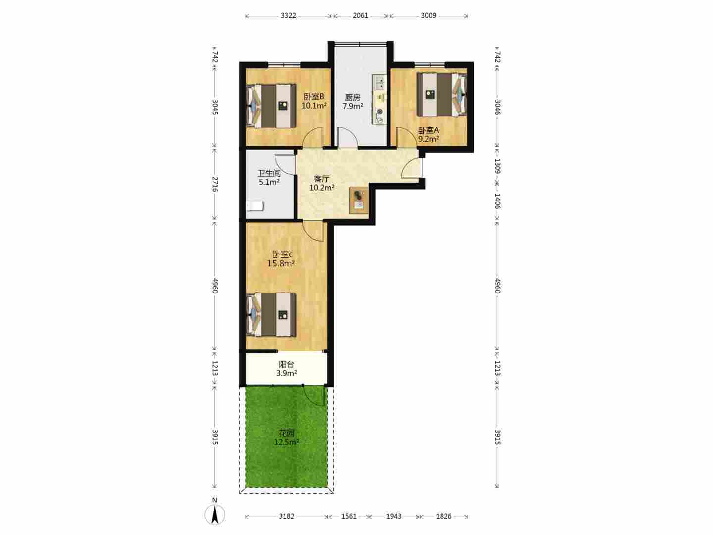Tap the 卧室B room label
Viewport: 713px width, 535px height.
click(314, 97)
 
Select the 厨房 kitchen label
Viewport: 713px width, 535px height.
click(353, 98)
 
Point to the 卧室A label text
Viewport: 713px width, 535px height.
click(428, 130)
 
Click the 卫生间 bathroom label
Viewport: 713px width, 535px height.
click(269, 173)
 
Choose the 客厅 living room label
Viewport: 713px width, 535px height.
click(321, 179)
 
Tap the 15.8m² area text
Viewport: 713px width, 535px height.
click(281, 264)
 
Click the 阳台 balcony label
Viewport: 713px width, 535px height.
click(287, 365)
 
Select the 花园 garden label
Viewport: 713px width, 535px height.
click(287, 433)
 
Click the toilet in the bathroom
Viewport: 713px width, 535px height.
click(255, 206)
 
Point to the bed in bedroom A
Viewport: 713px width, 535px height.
click(442, 95)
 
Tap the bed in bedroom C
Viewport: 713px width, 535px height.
click(271, 315)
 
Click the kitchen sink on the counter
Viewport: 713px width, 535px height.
click(379, 83)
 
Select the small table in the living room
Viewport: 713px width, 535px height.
click(359, 201)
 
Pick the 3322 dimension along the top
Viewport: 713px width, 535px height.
click(289, 15)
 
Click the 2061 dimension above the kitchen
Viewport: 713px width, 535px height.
click(360, 15)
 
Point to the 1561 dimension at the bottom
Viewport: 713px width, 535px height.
click(349, 516)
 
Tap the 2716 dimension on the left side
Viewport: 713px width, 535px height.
click(215, 184)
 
